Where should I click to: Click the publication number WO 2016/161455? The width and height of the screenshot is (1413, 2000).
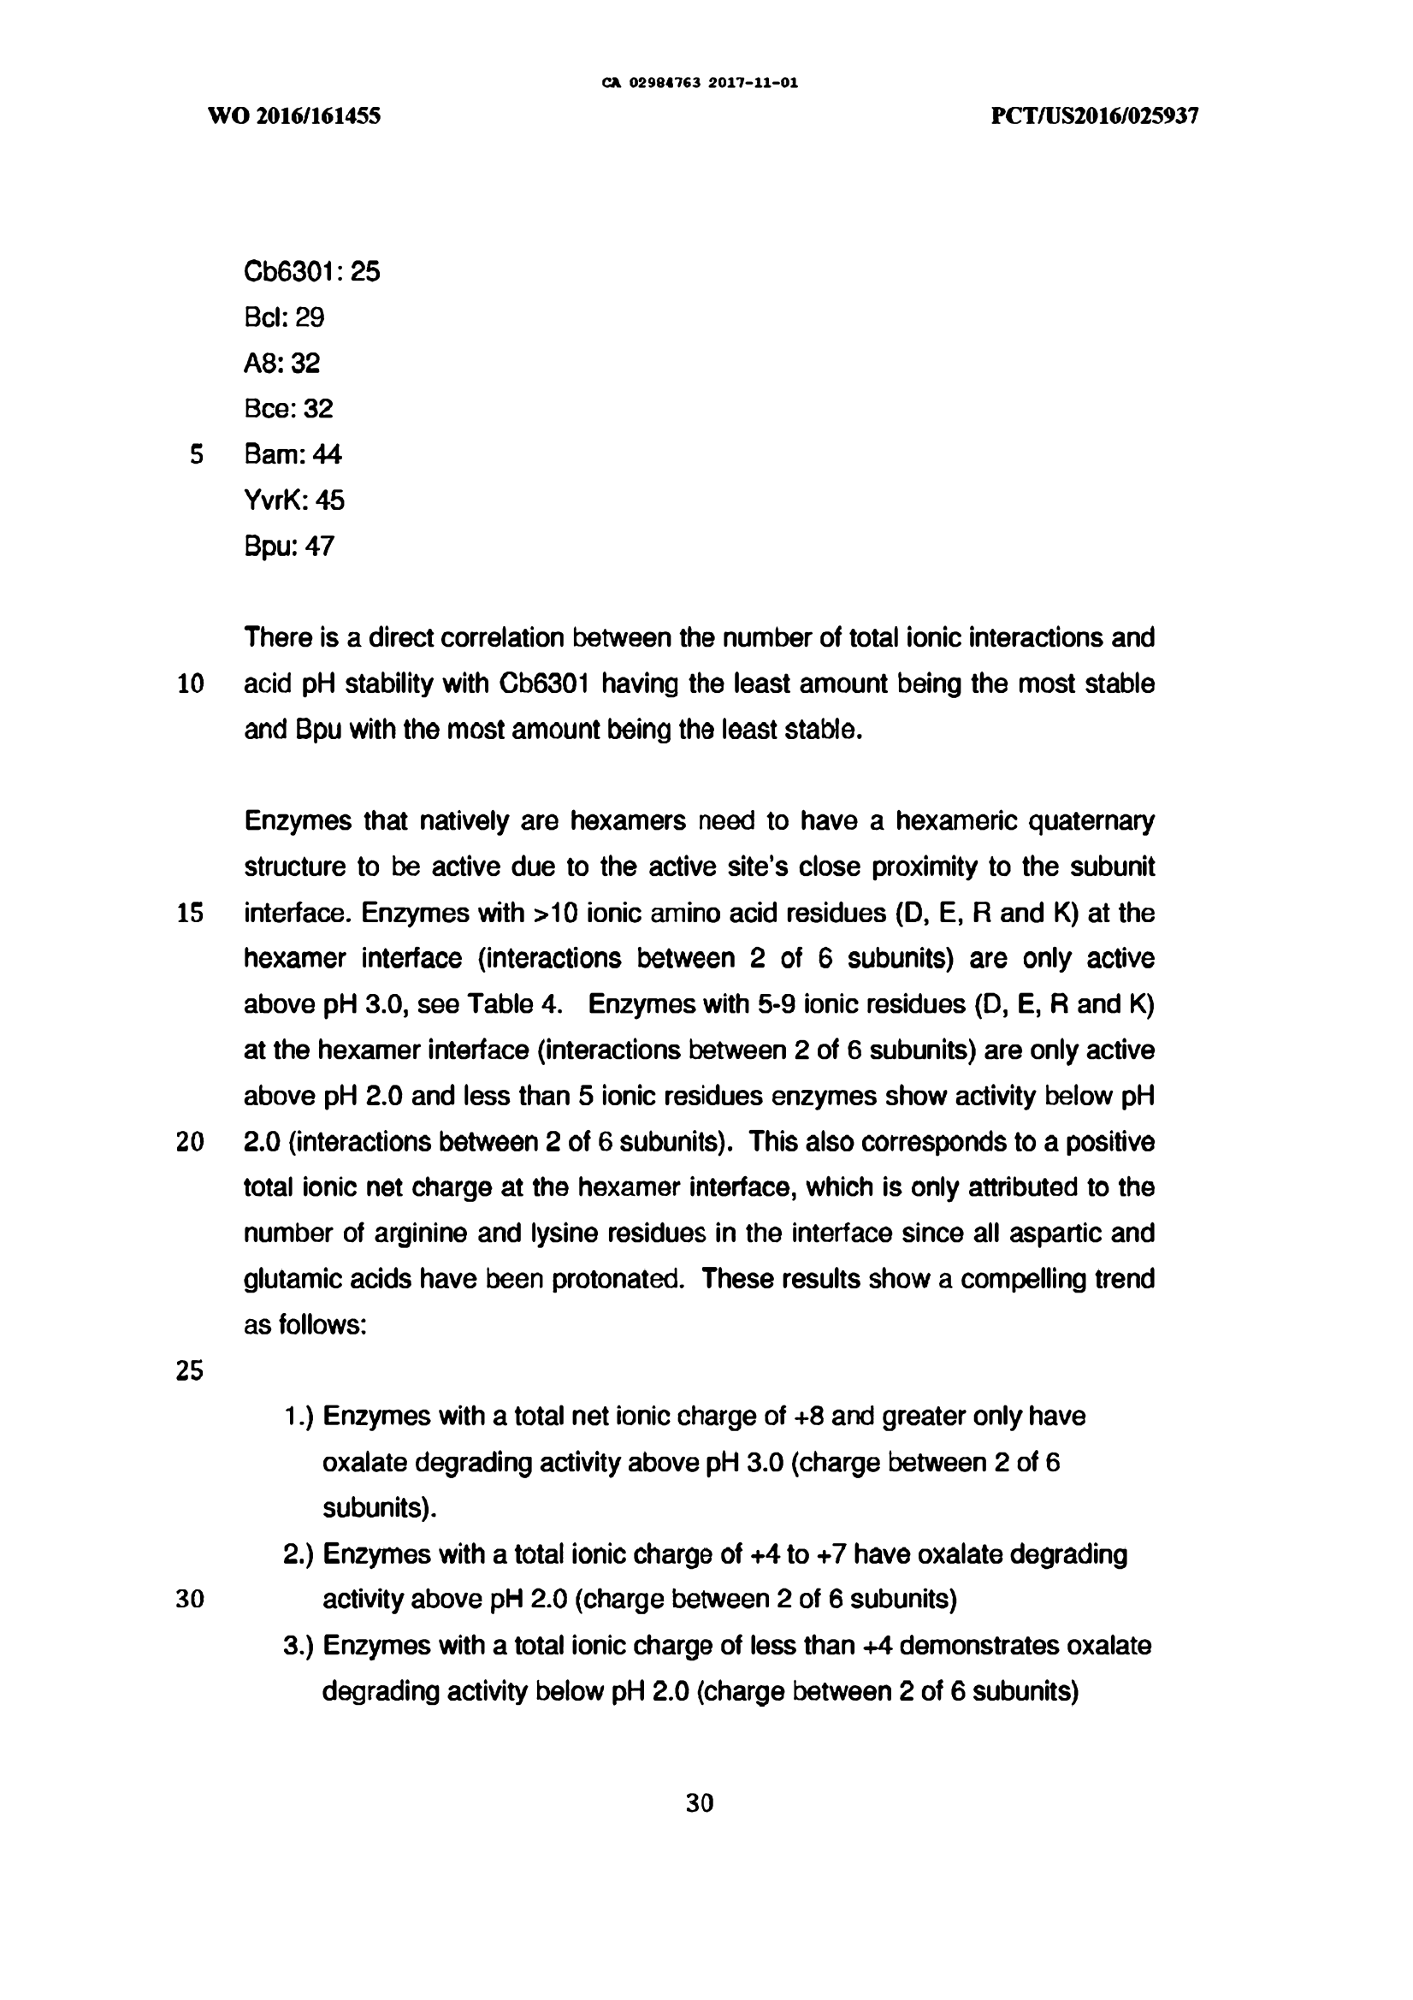[x=294, y=115]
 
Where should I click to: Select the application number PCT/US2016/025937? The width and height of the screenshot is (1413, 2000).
[x=1095, y=115]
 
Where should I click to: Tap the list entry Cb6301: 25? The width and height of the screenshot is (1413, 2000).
[x=312, y=272]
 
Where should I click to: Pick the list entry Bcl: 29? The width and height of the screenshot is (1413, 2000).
[x=284, y=317]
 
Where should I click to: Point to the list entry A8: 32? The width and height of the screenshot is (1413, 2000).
[x=281, y=364]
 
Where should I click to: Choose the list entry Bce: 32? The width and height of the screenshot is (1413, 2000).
[x=288, y=409]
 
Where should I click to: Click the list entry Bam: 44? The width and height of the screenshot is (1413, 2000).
[x=293, y=454]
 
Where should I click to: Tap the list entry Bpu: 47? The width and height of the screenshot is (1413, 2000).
[x=288, y=546]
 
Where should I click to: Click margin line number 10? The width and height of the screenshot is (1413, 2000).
[x=190, y=683]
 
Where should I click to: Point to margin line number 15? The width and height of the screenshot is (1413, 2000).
[x=190, y=913]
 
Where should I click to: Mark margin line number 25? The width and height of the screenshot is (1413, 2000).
[x=190, y=1371]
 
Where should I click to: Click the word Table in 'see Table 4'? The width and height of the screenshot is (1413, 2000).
[x=500, y=1004]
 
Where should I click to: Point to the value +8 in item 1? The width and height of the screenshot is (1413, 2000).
[x=809, y=1417]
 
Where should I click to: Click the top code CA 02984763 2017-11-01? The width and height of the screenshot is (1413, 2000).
[x=700, y=84]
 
